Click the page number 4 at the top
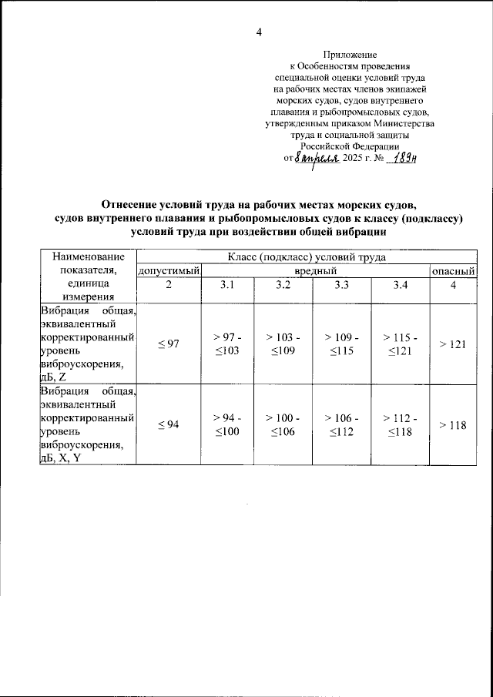260,32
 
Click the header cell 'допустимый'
169,271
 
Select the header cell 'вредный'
316,271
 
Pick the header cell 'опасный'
453,271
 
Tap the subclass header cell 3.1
227,286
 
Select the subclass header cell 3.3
341,286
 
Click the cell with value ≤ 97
169,344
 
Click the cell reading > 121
453,344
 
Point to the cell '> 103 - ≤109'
283,344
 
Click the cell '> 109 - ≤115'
341,344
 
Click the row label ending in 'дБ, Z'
86,343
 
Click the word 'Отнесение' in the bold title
133,205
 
